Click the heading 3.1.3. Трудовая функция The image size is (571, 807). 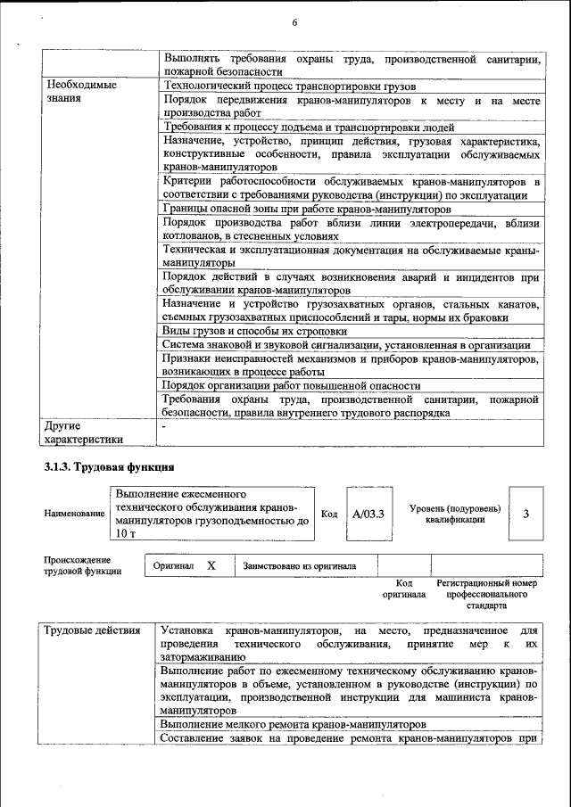(109, 467)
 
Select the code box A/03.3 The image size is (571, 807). (368, 515)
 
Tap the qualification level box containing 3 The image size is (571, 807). (525, 515)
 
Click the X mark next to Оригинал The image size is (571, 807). (211, 565)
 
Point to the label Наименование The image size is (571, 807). (74, 515)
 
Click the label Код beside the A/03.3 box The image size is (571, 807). (329, 515)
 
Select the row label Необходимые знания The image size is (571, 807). (80, 92)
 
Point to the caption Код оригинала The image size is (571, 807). (404, 589)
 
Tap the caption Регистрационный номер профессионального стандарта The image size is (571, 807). (486, 593)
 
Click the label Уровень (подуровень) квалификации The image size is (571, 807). (455, 515)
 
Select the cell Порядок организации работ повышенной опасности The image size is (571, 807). (291, 385)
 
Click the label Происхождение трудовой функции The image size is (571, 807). (83, 565)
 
